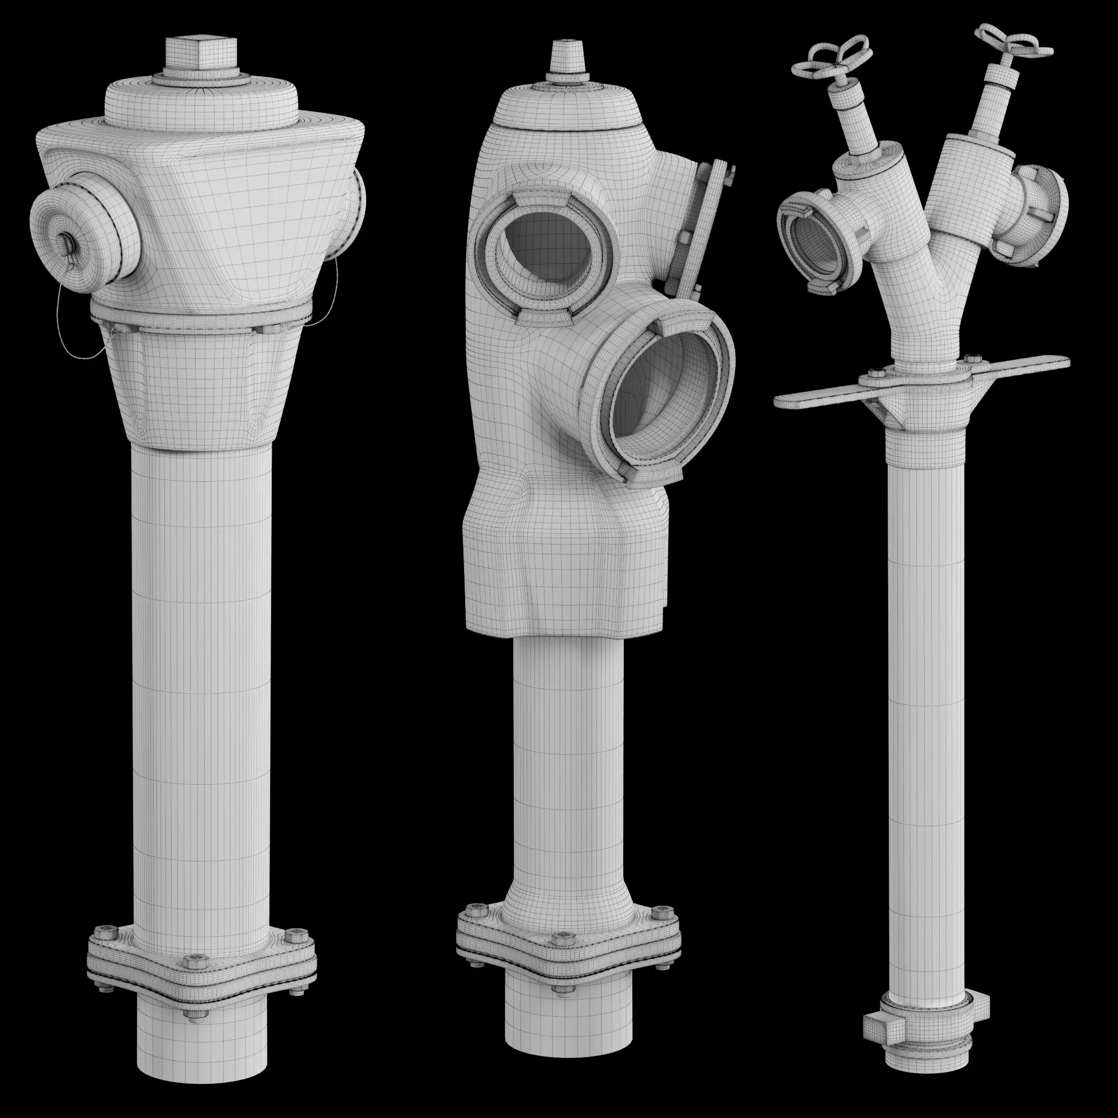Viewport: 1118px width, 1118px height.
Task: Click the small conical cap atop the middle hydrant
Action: click(x=566, y=58)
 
